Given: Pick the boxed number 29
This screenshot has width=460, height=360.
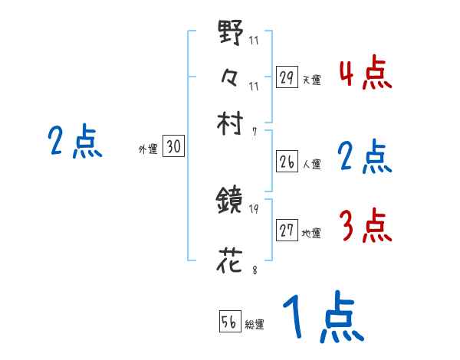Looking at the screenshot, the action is [x=287, y=77].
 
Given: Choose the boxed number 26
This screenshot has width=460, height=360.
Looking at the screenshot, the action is [x=287, y=162].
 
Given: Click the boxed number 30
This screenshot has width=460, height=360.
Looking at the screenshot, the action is [x=173, y=148].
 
